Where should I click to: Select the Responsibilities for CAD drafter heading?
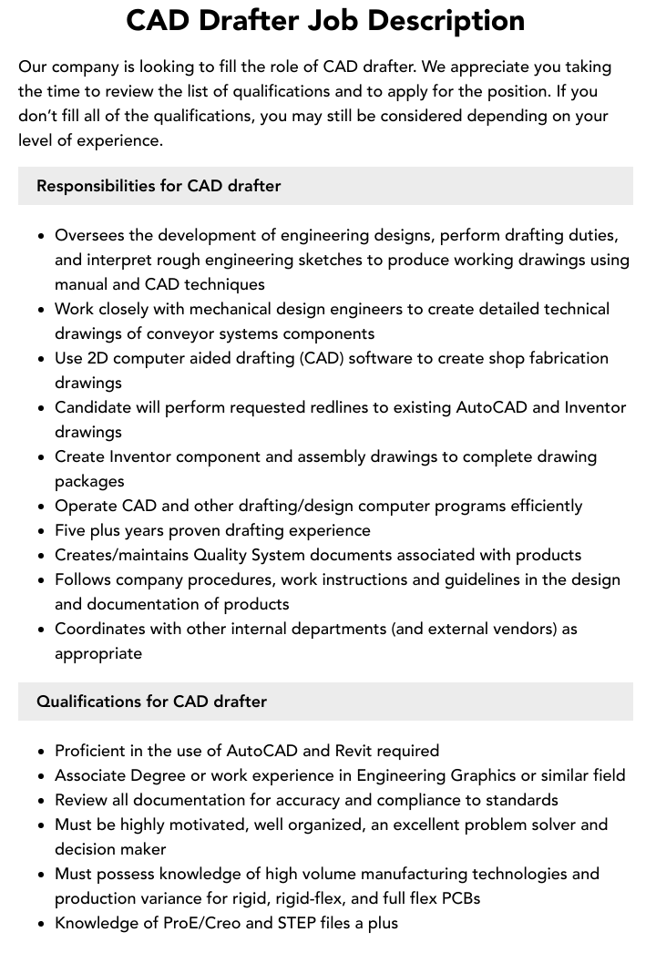(x=159, y=186)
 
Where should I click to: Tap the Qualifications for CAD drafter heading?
(x=151, y=702)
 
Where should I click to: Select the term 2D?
(x=98, y=358)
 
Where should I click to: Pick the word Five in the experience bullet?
(x=72, y=530)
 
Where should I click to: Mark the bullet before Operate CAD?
(x=42, y=507)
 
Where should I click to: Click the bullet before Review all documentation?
(x=42, y=801)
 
